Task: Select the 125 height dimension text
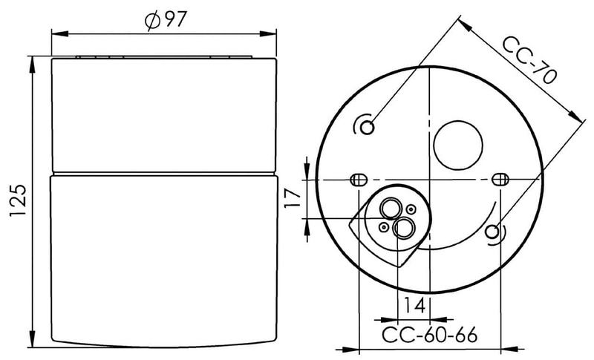[18, 200]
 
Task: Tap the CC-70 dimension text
[529, 60]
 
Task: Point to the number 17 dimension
[293, 198]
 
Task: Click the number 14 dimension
[414, 305]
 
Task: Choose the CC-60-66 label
[429, 335]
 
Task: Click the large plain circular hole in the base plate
[458, 145]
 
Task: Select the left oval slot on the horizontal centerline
[359, 180]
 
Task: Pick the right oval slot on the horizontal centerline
[500, 179]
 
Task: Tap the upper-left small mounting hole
[367, 127]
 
